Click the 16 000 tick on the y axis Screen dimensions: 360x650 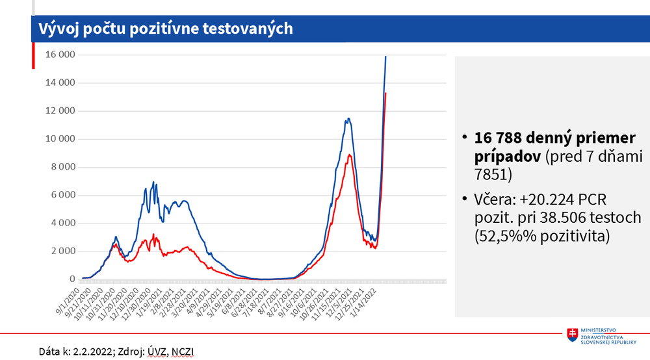point(58,55)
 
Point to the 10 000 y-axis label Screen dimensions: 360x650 point(58,139)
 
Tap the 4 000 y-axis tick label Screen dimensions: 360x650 point(60,224)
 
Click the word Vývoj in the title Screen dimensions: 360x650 point(57,29)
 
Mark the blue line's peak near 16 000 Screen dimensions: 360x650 point(386,57)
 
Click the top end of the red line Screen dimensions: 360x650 point(386,94)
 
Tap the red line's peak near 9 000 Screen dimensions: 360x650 point(350,155)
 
